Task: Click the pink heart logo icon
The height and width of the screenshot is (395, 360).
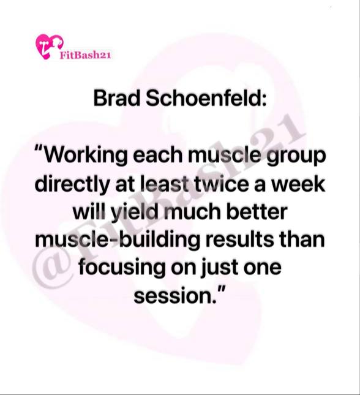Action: point(49,47)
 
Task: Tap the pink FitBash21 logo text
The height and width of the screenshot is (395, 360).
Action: point(85,55)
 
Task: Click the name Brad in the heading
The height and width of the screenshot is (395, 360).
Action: point(117,98)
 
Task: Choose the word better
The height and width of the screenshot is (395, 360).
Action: point(257,212)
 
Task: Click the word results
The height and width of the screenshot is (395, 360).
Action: point(239,239)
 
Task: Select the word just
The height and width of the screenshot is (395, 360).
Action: point(219,268)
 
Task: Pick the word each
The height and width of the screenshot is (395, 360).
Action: point(157,156)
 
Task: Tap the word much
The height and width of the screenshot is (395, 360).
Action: point(192,212)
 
